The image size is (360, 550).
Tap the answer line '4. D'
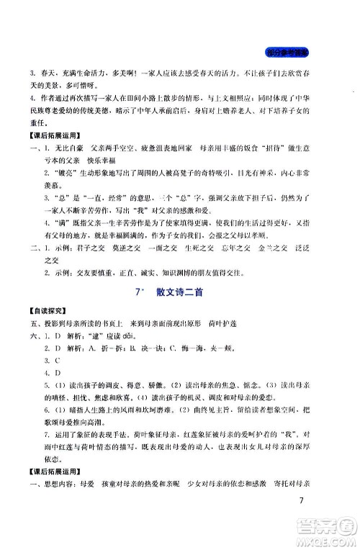coord(52,374)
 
